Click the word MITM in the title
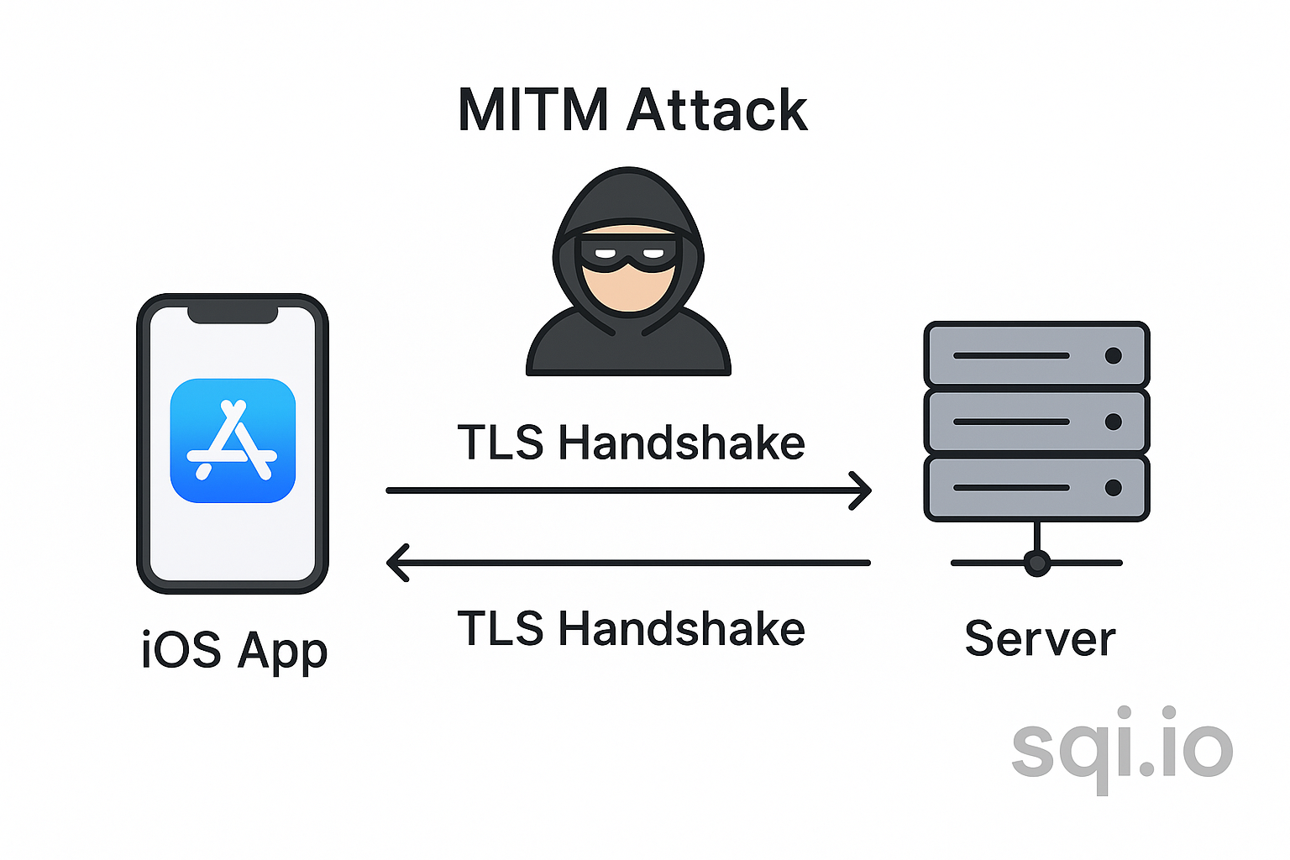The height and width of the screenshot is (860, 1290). click(532, 110)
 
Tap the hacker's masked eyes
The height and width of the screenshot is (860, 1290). click(628, 253)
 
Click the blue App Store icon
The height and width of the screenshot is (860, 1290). click(233, 441)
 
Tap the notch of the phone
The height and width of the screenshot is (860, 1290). click(233, 314)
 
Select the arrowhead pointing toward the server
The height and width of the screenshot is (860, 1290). click(861, 490)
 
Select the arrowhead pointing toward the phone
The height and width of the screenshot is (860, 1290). click(397, 563)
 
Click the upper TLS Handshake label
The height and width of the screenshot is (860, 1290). click(631, 443)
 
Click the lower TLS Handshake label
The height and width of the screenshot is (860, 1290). click(631, 628)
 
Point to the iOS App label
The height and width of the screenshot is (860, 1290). click(234, 651)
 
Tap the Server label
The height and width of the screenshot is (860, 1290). click(1040, 638)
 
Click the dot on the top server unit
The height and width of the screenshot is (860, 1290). click(1114, 355)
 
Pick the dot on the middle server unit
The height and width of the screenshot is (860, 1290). click(1114, 422)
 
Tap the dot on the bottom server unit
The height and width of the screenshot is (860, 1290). click(1114, 488)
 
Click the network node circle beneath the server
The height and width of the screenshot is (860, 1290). click(1037, 563)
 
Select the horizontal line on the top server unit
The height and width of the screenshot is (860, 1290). click(1011, 355)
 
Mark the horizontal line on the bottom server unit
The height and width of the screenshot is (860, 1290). click(1011, 488)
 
